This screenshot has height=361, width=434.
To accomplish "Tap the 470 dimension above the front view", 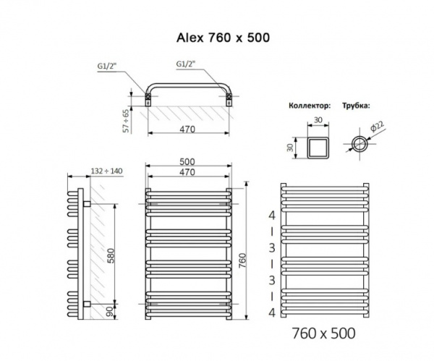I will tap(188, 174).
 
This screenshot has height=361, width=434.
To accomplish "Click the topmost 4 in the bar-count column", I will tap(272, 216).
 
